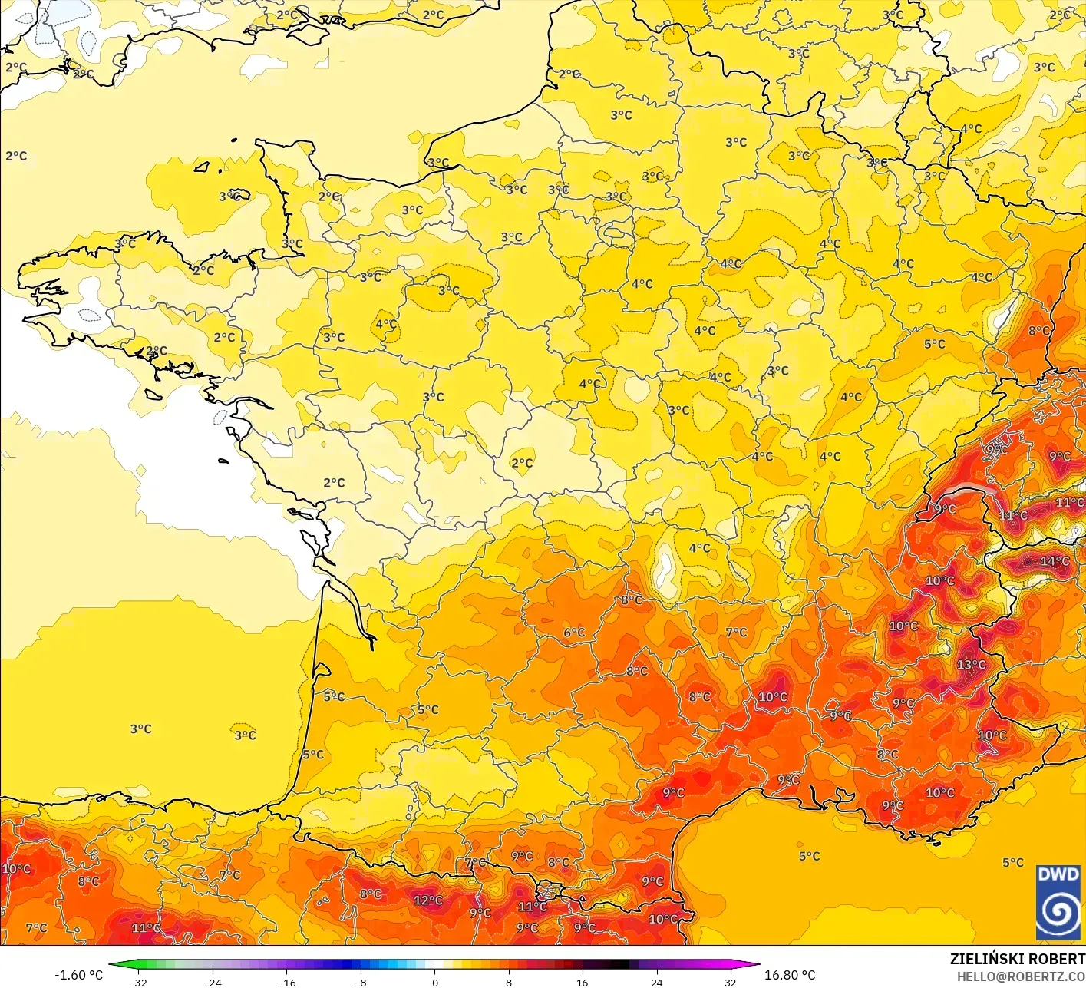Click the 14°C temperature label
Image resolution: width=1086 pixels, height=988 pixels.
[1054, 561]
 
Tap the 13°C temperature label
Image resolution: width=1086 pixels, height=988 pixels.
[971, 664]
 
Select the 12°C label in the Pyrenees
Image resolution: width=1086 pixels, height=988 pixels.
[427, 900]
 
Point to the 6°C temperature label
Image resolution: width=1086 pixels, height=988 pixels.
[574, 633]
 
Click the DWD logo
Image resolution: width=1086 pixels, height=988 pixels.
[1058, 903]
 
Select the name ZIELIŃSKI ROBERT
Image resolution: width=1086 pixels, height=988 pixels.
[1017, 959]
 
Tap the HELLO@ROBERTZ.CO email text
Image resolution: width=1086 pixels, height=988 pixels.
[1021, 976]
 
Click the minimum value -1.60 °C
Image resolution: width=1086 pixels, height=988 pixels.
[78, 975]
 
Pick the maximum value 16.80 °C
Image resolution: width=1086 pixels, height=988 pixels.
[790, 975]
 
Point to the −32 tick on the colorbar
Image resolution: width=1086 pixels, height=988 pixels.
[138, 982]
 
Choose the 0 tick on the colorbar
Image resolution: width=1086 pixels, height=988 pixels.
[434, 982]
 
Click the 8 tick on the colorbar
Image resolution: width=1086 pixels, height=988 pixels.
[509, 982]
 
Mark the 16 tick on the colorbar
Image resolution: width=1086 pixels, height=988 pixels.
[583, 982]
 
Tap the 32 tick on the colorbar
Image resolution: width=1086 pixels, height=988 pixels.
[731, 982]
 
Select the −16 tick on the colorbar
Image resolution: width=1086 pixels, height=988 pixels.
[286, 982]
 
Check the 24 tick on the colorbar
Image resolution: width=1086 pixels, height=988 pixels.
[657, 982]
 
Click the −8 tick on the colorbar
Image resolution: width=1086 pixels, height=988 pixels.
[361, 982]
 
